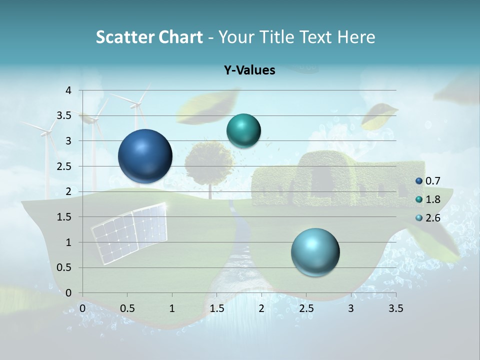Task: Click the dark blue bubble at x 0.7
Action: pyautogui.click(x=145, y=156)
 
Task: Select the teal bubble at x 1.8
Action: pyautogui.click(x=243, y=130)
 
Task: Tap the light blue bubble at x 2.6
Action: pyautogui.click(x=315, y=252)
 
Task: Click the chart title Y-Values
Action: pyautogui.click(x=249, y=70)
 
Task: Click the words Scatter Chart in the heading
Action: pyautogui.click(x=149, y=37)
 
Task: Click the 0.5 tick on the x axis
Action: pyautogui.click(x=127, y=308)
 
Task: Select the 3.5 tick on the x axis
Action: pyautogui.click(x=395, y=308)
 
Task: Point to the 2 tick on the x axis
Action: pyautogui.click(x=261, y=308)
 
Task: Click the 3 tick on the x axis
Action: pyautogui.click(x=351, y=308)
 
